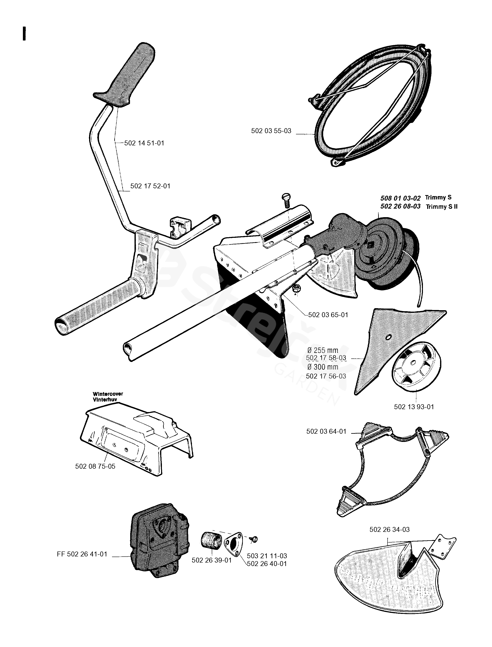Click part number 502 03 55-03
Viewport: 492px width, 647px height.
pyautogui.click(x=271, y=131)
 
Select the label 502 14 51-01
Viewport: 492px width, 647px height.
pyautogui.click(x=144, y=143)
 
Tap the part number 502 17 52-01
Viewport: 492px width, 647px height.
pyautogui.click(x=150, y=186)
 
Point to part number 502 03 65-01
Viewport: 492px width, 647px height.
pyautogui.click(x=328, y=315)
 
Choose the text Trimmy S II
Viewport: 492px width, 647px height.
pyautogui.click(x=442, y=207)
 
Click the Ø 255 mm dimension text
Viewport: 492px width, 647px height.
pyautogui.click(x=323, y=350)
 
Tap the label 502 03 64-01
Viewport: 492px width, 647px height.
pyautogui.click(x=326, y=431)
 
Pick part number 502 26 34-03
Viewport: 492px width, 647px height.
pyautogui.click(x=390, y=530)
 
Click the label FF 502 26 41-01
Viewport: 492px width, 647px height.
pyautogui.click(x=82, y=554)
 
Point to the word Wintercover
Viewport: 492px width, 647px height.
pyautogui.click(x=108, y=394)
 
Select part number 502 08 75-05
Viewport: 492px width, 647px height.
pyautogui.click(x=95, y=466)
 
